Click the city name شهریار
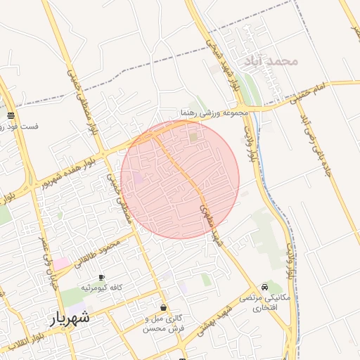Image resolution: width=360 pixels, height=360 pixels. tap(70, 318)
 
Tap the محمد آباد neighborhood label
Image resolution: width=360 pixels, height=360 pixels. tap(271, 61)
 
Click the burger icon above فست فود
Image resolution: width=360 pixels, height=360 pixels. tap(11, 116)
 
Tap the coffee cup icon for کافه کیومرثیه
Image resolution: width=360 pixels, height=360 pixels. tap(102, 278)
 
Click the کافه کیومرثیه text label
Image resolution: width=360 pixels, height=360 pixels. tap(102, 288)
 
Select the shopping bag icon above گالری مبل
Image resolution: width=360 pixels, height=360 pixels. tap(164, 307)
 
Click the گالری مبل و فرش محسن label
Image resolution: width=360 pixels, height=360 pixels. tap(164, 323)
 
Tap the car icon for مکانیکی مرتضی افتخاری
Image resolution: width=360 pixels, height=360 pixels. tap(264, 287)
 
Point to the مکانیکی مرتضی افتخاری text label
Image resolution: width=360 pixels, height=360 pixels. tap(264, 303)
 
